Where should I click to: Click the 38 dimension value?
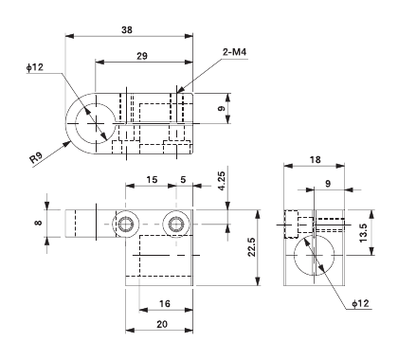[x=128, y=29]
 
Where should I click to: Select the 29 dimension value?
[x=141, y=58]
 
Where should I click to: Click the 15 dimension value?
[x=152, y=180]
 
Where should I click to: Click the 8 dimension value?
[x=38, y=224]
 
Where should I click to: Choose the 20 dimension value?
[x=162, y=324]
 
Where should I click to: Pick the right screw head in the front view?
[x=174, y=224]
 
